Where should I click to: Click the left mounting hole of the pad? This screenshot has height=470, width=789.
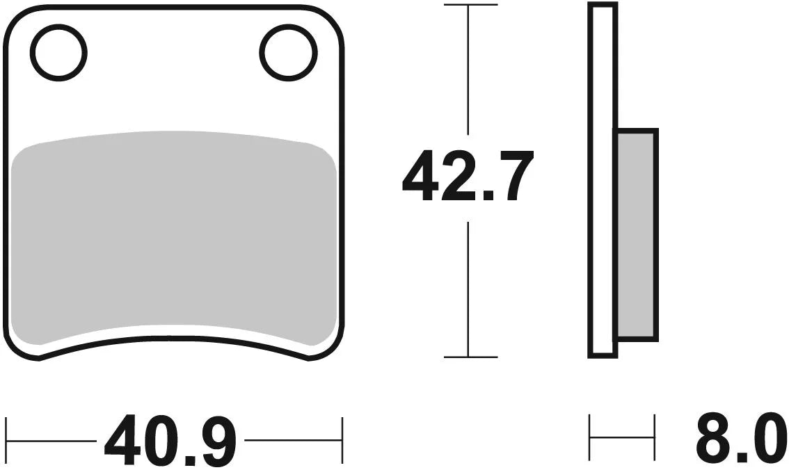click(x=58, y=52)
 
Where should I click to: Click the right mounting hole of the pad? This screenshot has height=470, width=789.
click(x=288, y=52)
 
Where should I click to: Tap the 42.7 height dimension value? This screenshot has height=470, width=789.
click(x=468, y=177)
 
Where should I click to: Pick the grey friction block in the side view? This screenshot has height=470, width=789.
click(x=636, y=234)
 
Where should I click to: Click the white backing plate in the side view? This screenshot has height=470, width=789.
click(x=603, y=181)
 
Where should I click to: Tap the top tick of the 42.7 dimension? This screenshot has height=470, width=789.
click(x=470, y=5)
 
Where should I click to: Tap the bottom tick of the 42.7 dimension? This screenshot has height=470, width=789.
click(x=470, y=357)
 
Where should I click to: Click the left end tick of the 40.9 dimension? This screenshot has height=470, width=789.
click(x=6, y=440)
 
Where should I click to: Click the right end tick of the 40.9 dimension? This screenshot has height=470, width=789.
click(x=342, y=440)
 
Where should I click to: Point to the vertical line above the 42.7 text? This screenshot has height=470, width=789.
click(x=470, y=70)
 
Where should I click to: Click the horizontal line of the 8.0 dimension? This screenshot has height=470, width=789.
click(x=622, y=438)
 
